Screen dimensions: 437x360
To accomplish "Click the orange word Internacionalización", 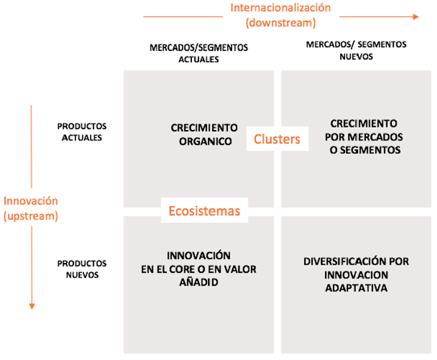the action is [x=281, y=8].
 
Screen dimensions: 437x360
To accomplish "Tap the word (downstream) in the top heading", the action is [x=281, y=23].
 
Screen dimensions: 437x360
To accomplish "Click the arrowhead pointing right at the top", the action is [x=416, y=17].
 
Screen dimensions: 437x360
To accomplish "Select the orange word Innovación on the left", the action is [x=31, y=201].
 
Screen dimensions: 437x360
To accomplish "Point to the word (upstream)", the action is [x=31, y=216].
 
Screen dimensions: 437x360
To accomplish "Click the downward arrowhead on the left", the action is [x=31, y=306].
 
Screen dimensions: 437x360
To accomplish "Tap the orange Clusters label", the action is [x=277, y=139].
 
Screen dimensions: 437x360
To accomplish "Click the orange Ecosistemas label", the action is [x=204, y=211].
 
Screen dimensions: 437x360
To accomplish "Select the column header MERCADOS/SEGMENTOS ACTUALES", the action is [x=198, y=53].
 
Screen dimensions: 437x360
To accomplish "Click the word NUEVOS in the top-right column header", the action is [x=356, y=57].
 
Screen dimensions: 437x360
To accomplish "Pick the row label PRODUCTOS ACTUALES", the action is [x=82, y=132].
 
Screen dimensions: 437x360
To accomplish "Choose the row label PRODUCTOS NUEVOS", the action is [x=82, y=269].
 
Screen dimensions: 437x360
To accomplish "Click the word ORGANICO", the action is [x=206, y=141].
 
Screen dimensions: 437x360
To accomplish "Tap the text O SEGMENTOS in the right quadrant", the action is [x=365, y=150].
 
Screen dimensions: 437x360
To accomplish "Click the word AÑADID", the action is [x=198, y=283].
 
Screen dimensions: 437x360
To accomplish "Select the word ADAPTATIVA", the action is [x=356, y=288].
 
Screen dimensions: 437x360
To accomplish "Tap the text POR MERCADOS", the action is [x=364, y=137].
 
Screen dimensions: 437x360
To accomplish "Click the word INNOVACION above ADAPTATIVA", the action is [x=356, y=275].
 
